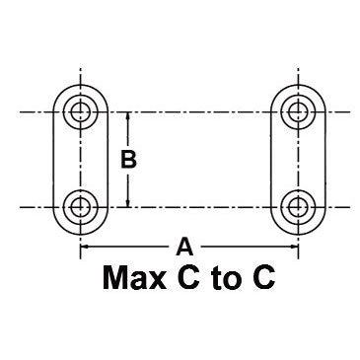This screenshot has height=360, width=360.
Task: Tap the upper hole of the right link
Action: (x=295, y=111)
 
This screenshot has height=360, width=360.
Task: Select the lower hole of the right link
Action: (x=295, y=207)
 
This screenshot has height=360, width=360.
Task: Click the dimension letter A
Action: (x=183, y=245)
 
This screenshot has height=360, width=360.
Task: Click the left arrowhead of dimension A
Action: (x=84, y=246)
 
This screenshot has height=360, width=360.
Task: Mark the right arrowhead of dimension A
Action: (x=289, y=246)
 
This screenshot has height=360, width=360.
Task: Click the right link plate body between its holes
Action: (x=295, y=160)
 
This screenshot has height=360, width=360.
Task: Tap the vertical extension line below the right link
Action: (x=295, y=242)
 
